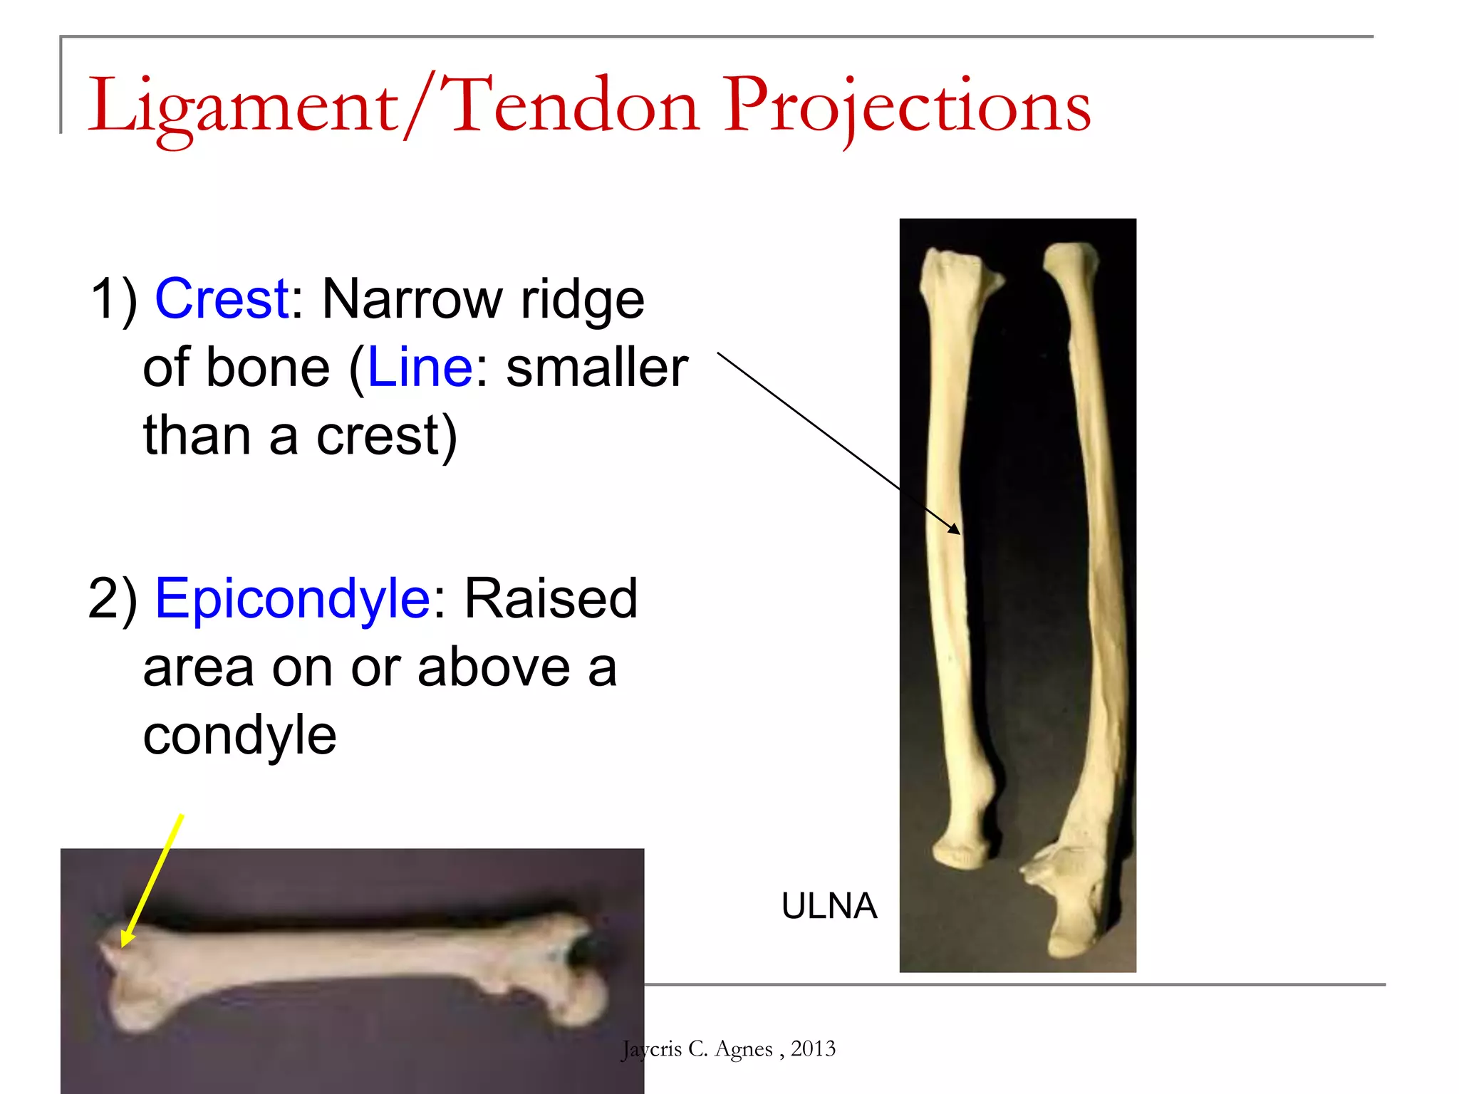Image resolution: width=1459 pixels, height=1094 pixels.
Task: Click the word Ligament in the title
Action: click(x=242, y=107)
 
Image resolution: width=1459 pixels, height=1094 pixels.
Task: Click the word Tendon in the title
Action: click(x=573, y=107)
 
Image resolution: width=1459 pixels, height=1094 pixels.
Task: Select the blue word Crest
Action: click(x=222, y=298)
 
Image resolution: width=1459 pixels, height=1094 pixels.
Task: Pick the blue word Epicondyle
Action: click(x=292, y=598)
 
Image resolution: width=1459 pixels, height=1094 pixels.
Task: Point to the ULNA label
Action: click(x=829, y=906)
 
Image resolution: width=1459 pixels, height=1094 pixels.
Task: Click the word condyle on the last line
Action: click(x=239, y=735)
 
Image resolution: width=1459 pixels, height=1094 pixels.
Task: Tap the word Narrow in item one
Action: click(x=412, y=298)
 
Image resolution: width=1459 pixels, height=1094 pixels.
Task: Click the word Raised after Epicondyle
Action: click(x=551, y=598)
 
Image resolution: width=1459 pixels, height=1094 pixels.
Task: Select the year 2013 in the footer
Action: click(x=813, y=1048)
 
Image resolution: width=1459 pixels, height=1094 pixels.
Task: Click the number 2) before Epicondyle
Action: click(x=113, y=598)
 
